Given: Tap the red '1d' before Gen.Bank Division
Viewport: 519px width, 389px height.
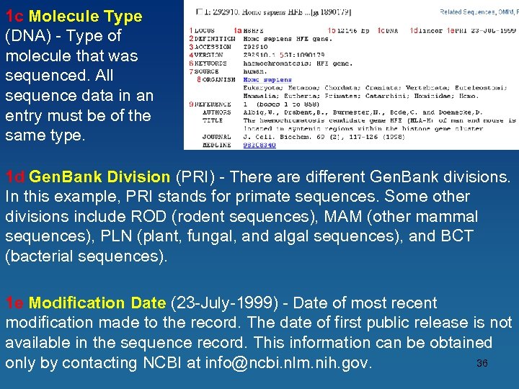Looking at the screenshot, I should pyautogui.click(x=15, y=176).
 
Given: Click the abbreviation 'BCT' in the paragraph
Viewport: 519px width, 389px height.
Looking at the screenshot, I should pyautogui.click(x=461, y=236).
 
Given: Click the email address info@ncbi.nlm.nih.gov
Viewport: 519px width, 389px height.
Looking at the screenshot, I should pyautogui.click(x=288, y=362).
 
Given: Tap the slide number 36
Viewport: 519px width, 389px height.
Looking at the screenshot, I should pyautogui.click(x=482, y=363).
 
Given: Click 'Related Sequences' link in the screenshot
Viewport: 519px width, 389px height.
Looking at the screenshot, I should pyautogui.click(x=468, y=12).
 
